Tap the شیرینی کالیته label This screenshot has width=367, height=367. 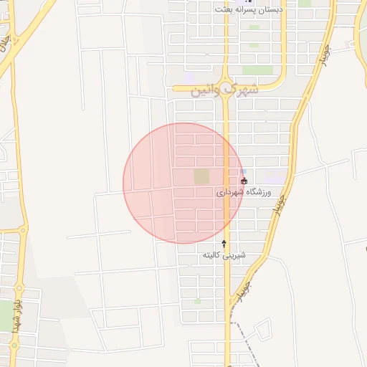tap(224, 255)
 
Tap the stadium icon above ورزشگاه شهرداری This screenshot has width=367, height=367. tap(244, 181)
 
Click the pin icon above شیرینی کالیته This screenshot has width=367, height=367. tap(224, 244)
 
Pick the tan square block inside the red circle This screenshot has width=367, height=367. tap(201, 176)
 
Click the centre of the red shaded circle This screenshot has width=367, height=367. tap(183, 183)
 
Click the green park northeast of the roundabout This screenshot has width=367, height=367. tap(252, 70)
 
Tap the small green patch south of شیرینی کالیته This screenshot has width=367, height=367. tap(197, 301)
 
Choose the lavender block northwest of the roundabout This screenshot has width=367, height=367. tap(189, 76)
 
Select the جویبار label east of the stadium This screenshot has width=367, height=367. tap(280, 204)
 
